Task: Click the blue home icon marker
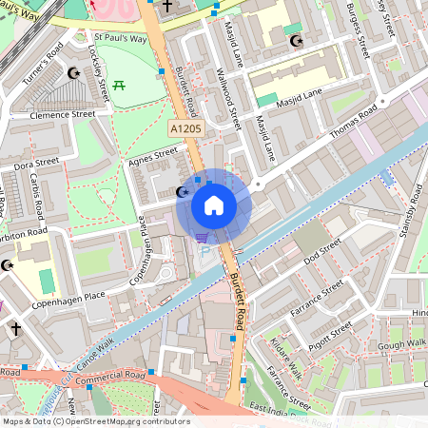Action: click(214, 204)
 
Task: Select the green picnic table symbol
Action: click(120, 88)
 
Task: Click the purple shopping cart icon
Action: click(201, 237)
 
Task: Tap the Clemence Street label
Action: click(64, 113)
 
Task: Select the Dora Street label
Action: click(36, 164)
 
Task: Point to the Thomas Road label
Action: click(354, 126)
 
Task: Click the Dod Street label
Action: click(321, 251)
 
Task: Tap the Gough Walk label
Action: click(402, 343)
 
